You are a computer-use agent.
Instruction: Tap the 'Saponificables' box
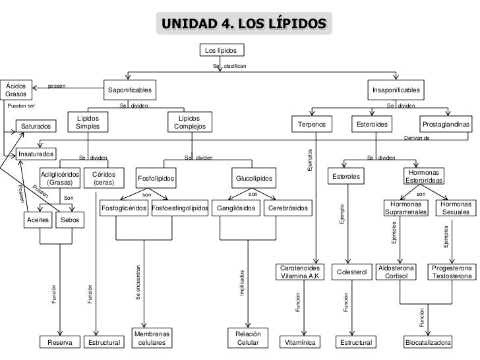(x=130, y=90)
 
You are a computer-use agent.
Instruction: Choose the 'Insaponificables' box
(x=396, y=90)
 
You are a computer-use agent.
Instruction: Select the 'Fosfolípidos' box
(x=156, y=179)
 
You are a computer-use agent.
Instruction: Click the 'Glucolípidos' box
(x=254, y=179)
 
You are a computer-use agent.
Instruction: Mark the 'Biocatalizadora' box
(x=428, y=343)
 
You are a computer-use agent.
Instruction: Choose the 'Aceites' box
(x=38, y=220)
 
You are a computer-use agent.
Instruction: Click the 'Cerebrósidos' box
(x=287, y=208)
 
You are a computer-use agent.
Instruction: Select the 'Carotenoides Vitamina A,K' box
(x=299, y=272)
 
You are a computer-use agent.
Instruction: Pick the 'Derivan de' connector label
(x=416, y=138)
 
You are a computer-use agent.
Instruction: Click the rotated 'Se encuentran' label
(x=138, y=284)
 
